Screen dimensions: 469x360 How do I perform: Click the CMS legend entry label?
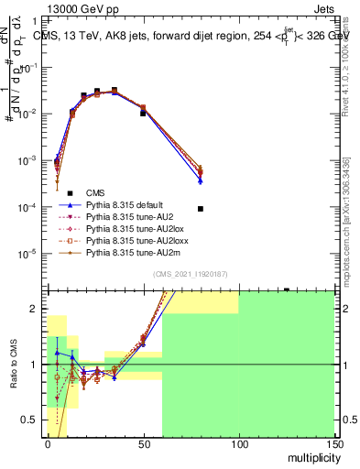[x=96, y=192]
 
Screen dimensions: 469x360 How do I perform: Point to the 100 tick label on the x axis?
[x=238, y=443]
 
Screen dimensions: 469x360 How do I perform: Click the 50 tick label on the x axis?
[x=143, y=443]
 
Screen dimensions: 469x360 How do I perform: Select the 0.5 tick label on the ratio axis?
[x=33, y=420]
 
